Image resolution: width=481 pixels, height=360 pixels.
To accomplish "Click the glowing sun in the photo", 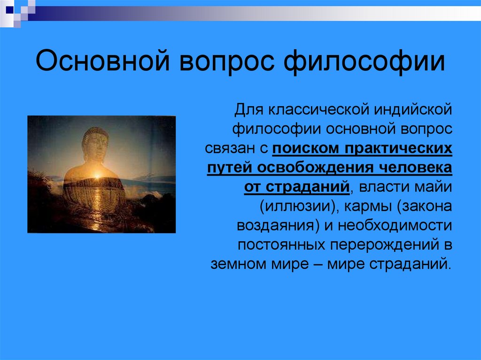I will [x=97, y=176].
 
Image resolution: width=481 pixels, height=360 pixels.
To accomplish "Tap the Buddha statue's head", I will [x=95, y=143].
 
